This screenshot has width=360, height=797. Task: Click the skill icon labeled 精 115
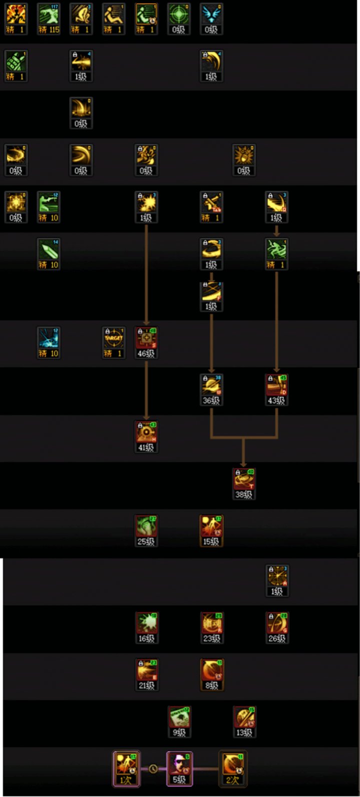pos(49,16)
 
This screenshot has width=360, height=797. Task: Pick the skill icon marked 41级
pos(146,433)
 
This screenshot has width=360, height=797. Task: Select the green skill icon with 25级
pos(146,527)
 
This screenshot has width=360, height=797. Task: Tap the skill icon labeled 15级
pos(211,527)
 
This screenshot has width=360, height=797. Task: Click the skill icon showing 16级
pos(146,624)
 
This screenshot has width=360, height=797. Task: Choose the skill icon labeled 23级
pos(211,624)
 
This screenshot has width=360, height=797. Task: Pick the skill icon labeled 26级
pos(277,624)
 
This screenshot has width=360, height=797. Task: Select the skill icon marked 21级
pos(146,671)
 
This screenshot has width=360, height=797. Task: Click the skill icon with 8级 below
pos(211,671)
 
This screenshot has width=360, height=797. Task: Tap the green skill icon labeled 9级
pos(179,718)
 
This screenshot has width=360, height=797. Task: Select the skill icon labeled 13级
pos(244,718)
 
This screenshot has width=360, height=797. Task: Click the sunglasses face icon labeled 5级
pos(179,764)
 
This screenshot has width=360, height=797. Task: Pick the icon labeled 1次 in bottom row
pos(126,764)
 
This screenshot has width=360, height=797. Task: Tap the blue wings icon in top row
pos(211,16)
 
